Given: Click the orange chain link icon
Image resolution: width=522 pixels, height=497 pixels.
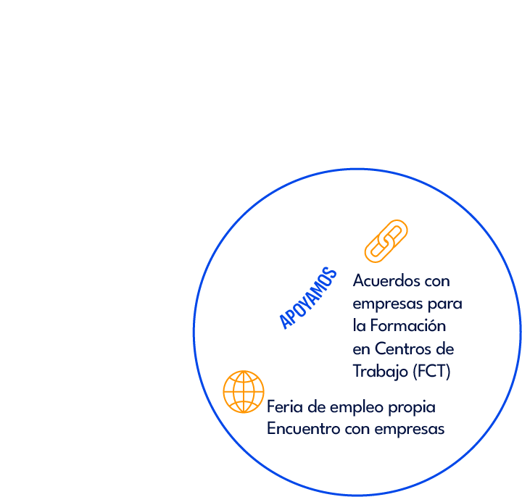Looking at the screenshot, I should pos(385,241).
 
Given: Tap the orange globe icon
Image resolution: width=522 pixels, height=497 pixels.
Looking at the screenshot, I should pos(244,392).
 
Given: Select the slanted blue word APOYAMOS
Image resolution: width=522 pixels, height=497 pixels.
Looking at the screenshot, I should pos(309,298).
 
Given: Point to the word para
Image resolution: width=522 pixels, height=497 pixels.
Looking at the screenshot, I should pos(445,304).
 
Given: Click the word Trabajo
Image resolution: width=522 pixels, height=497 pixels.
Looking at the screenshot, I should pos(380,372).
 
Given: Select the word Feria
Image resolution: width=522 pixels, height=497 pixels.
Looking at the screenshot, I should pos(283,406).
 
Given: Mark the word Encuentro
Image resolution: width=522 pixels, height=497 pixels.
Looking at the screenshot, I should pos(299,428).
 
